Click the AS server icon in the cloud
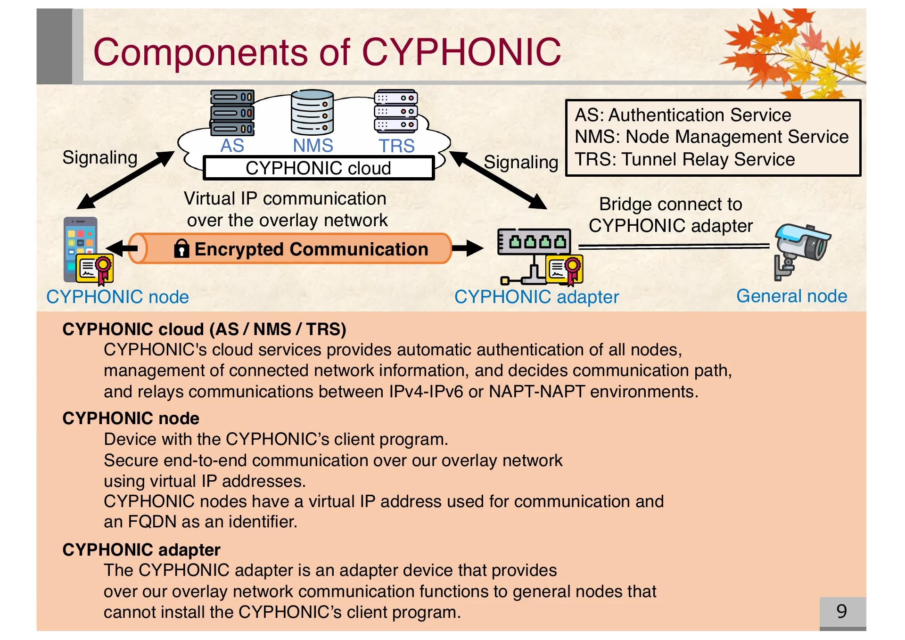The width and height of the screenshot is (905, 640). pos(232,112)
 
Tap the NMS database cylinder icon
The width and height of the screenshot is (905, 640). pos(312,112)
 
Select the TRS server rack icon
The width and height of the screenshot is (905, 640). pos(396,111)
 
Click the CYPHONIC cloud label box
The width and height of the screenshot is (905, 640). pos(318,168)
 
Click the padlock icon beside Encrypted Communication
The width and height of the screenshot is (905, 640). pos(181,248)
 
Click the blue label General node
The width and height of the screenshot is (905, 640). pos(791,296)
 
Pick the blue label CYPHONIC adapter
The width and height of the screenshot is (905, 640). pos(536,297)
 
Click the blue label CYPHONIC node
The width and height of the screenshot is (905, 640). pos(117,297)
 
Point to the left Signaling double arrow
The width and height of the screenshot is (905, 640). pos(125,180)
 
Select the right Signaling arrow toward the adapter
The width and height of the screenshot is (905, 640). pos(498,180)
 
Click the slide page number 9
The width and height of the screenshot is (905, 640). pos(842,611)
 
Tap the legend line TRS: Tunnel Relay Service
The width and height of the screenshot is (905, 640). pos(684,159)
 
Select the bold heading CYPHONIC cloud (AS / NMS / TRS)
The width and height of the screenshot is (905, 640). pos(204,329)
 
